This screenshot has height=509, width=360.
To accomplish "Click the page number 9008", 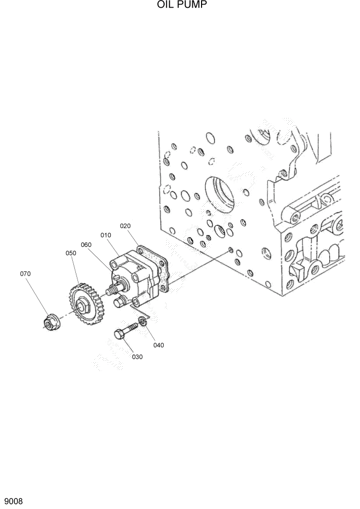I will [13, 500].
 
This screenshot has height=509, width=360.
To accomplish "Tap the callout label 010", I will [106, 235].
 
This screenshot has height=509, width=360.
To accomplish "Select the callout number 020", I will [126, 226].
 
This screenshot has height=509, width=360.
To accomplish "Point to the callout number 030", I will [137, 357].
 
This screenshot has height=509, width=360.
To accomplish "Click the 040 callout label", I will [158, 345].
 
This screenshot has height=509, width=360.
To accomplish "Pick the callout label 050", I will [70, 253].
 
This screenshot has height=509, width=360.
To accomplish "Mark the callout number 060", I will [86, 245].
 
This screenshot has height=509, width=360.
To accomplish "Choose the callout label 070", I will [25, 274].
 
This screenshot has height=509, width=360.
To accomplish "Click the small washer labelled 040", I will [144, 322].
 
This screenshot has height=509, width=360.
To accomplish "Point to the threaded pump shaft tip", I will [109, 291].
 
